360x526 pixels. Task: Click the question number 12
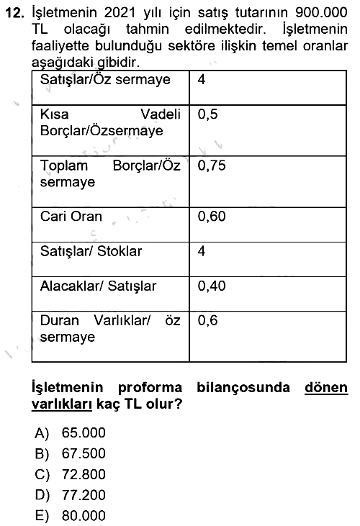15,13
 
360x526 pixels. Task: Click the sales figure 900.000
321,13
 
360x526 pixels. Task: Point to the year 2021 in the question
120,13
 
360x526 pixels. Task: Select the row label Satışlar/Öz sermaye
105,80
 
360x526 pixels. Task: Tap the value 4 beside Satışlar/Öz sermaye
202,79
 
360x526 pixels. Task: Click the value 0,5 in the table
207,114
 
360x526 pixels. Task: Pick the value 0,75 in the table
212,165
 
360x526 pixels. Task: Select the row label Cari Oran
71,217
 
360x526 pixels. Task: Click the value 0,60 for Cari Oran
212,217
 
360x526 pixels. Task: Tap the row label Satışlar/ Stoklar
91,251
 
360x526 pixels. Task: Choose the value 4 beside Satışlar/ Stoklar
202,251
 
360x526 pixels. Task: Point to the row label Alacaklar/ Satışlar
99,286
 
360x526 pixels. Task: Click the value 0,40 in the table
212,286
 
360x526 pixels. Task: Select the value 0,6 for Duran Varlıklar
207,321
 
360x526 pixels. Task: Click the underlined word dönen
326,387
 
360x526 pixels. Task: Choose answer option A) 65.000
70,432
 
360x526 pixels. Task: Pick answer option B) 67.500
70,453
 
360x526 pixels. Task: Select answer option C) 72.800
70,474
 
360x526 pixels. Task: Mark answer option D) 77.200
70,495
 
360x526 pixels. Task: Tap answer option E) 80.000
70,516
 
